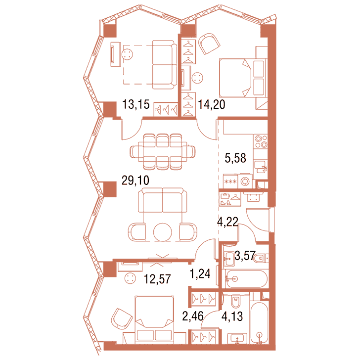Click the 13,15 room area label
pyautogui.click(x=136, y=104)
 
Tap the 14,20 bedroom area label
pyautogui.click(x=212, y=104)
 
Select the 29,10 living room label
pyautogui.click(x=135, y=180)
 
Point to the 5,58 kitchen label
pyautogui.click(x=235, y=158)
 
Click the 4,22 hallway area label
pyautogui.click(x=228, y=222)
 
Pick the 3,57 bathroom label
pyautogui.click(x=245, y=256)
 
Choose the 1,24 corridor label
pyautogui.click(x=200, y=273)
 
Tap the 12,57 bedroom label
pyautogui.click(x=157, y=279)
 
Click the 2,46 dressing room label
pyautogui.click(x=193, y=316)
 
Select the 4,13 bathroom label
pyautogui.click(x=232, y=316)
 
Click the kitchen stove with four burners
pyautogui.click(x=261, y=141)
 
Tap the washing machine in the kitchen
pyautogui.click(x=245, y=181)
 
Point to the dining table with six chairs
pyautogui.click(x=163, y=151)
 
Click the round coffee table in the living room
pyautogui.click(x=163, y=232)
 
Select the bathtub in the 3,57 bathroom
pyautogui.click(x=246, y=279)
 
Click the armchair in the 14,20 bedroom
pyautogui.click(x=209, y=44)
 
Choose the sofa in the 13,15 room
pyautogui.click(x=165, y=65)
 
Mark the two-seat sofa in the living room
pyautogui.click(x=163, y=200)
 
